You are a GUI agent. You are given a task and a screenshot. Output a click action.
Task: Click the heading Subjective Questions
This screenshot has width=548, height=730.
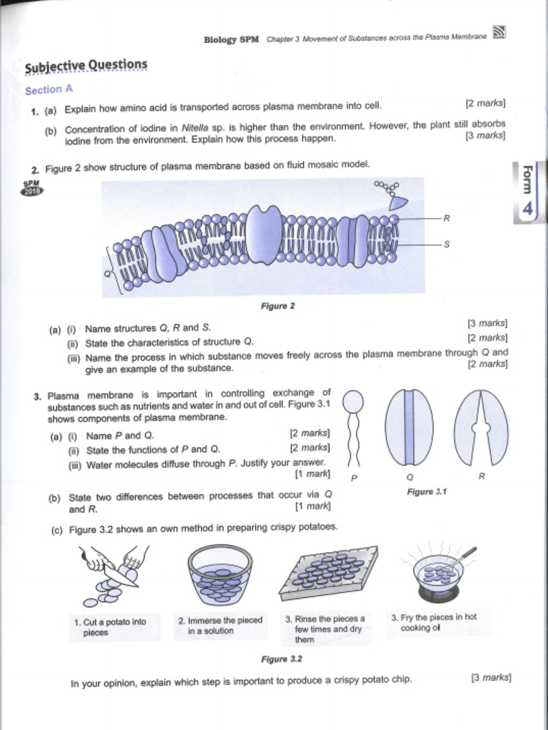tap(86, 66)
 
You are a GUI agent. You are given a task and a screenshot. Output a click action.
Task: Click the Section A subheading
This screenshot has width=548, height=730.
tap(49, 91)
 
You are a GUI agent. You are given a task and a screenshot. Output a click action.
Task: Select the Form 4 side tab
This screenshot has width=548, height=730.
tap(527, 192)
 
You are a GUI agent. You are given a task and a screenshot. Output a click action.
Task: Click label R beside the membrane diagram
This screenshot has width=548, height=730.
tap(447, 217)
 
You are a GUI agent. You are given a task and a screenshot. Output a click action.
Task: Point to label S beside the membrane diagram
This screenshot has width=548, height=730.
tap(447, 244)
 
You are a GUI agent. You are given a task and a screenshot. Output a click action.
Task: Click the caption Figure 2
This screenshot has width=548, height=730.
tap(278, 307)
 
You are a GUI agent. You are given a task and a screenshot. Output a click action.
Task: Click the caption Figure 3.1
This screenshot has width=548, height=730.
tap(427, 492)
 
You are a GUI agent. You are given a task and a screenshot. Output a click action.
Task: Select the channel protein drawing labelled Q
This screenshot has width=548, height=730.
tap(409, 428)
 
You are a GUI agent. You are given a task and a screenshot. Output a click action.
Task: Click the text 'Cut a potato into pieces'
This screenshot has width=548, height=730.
tap(110, 627)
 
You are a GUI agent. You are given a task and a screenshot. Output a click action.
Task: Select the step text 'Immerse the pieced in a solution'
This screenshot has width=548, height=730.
tap(220, 625)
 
